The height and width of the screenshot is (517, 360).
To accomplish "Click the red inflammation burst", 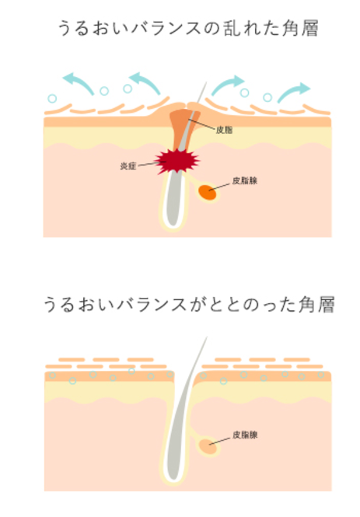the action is pyautogui.click(x=177, y=161).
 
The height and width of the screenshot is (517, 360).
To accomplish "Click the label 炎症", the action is pyautogui.click(x=128, y=166).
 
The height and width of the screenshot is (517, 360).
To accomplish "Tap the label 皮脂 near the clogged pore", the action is pyautogui.click(x=224, y=130).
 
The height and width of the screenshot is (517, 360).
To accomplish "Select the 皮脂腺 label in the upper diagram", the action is pyautogui.click(x=245, y=180).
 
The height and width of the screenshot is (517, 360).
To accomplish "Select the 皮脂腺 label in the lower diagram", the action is pyautogui.click(x=245, y=435).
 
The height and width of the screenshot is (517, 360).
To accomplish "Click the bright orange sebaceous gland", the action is pyautogui.click(x=208, y=193).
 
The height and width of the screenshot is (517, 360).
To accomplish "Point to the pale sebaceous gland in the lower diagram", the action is pyautogui.click(x=208, y=446).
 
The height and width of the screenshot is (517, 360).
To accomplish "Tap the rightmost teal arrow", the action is pyautogui.click(x=293, y=93).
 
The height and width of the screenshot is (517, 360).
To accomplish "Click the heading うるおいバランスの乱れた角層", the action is pyautogui.click(x=188, y=28).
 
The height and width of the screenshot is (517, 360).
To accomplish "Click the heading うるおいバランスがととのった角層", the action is pyautogui.click(x=189, y=304).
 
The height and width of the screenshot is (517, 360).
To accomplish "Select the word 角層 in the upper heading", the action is pyautogui.click(x=300, y=28).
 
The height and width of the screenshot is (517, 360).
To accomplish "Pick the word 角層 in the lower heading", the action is pyautogui.click(x=316, y=304).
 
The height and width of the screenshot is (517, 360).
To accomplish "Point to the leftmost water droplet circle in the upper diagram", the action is pyautogui.click(x=52, y=98).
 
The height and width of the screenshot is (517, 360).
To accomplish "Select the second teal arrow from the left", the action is pyautogui.click(x=145, y=82).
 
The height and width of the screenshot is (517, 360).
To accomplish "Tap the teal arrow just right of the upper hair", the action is pyautogui.click(x=228, y=85).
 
